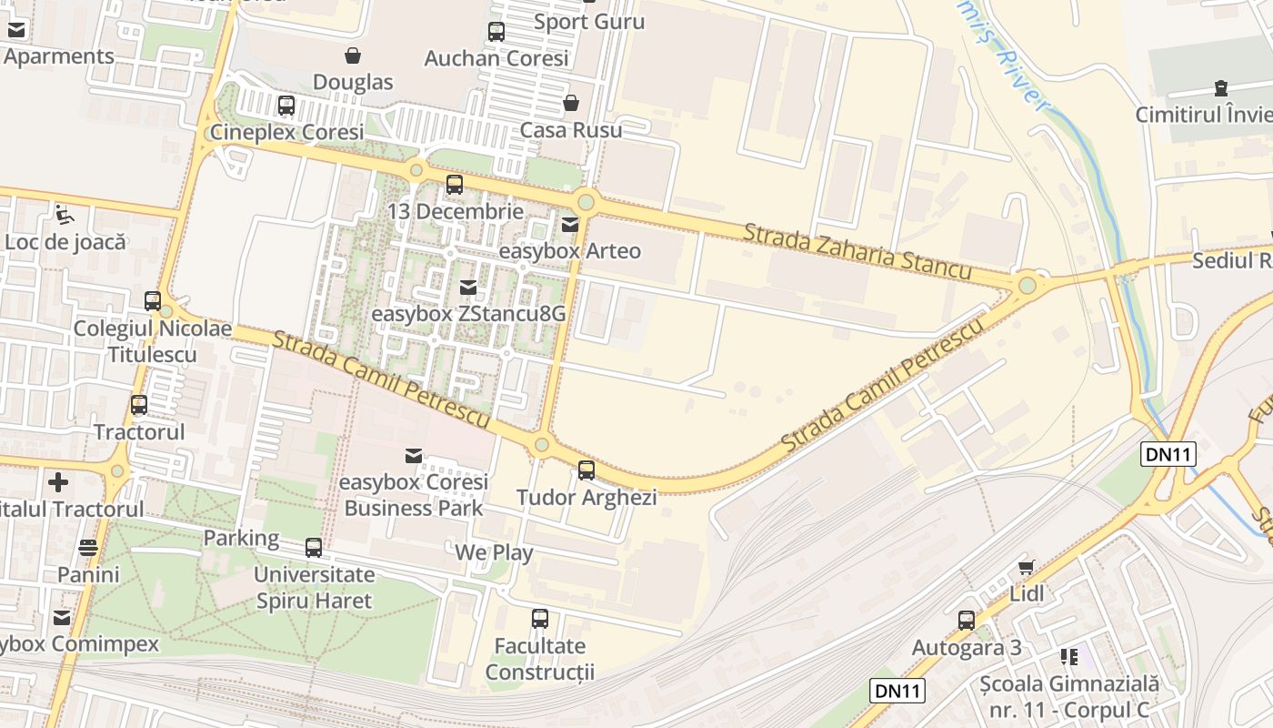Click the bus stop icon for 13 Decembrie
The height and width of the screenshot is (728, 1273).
pyautogui.click(x=455, y=185)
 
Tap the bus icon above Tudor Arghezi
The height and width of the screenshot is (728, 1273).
pyautogui.click(x=586, y=470)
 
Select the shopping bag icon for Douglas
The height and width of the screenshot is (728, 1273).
pyautogui.click(x=353, y=56)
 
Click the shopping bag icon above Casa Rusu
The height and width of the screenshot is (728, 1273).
pyautogui.click(x=571, y=103)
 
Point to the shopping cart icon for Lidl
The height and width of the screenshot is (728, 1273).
pyautogui.click(x=1027, y=567)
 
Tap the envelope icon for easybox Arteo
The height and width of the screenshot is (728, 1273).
pyautogui.click(x=570, y=224)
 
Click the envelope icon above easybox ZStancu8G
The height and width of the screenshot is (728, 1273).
pyautogui.click(x=468, y=288)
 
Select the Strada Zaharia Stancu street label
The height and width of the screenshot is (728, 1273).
pyautogui.click(x=857, y=251)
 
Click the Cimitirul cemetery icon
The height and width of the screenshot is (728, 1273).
pyautogui.click(x=1220, y=88)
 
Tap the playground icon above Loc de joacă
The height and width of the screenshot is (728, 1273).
pyautogui.click(x=65, y=215)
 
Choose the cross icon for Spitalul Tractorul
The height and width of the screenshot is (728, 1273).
pyautogui.click(x=59, y=481)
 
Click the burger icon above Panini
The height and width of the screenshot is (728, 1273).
pyautogui.click(x=88, y=548)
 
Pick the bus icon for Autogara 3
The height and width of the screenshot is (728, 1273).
pyautogui.click(x=967, y=621)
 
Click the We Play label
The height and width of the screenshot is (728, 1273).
pyautogui.click(x=494, y=552)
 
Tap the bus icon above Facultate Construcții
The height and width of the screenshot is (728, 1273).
pyautogui.click(x=540, y=619)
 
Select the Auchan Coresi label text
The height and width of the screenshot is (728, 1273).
pyautogui.click(x=496, y=58)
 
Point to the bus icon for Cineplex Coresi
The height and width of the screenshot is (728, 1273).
pyautogui.click(x=286, y=106)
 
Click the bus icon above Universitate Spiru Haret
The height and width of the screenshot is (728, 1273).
pyautogui.click(x=314, y=548)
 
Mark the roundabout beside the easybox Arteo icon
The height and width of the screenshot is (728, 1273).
pyautogui.click(x=586, y=201)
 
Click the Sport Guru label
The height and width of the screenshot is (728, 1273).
pyautogui.click(x=589, y=22)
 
